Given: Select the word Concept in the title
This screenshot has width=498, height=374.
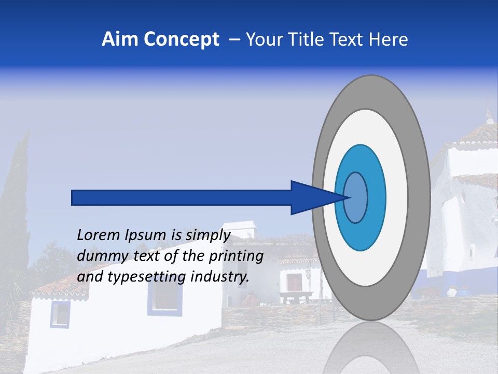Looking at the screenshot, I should coord(181,39).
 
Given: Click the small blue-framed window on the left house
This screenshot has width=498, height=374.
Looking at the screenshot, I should coord(60,314).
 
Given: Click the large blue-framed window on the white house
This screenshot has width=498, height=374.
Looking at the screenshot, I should coord(164,299).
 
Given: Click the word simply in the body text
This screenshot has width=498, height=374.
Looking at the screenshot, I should coord(207,235).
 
